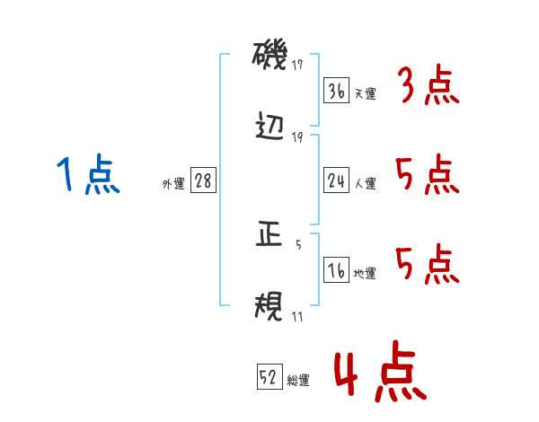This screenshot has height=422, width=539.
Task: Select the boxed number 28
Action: tap(204, 180)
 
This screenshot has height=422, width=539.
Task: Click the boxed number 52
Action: tap(269, 378)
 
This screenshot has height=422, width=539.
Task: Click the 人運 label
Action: tap(366, 183)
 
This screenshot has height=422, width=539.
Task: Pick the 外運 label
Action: tap(173, 183)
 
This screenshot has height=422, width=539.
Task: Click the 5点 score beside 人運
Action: tap(428, 174)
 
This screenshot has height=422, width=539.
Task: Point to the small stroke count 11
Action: tap(296, 316)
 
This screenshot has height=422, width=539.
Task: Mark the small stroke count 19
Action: tap(298, 137)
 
